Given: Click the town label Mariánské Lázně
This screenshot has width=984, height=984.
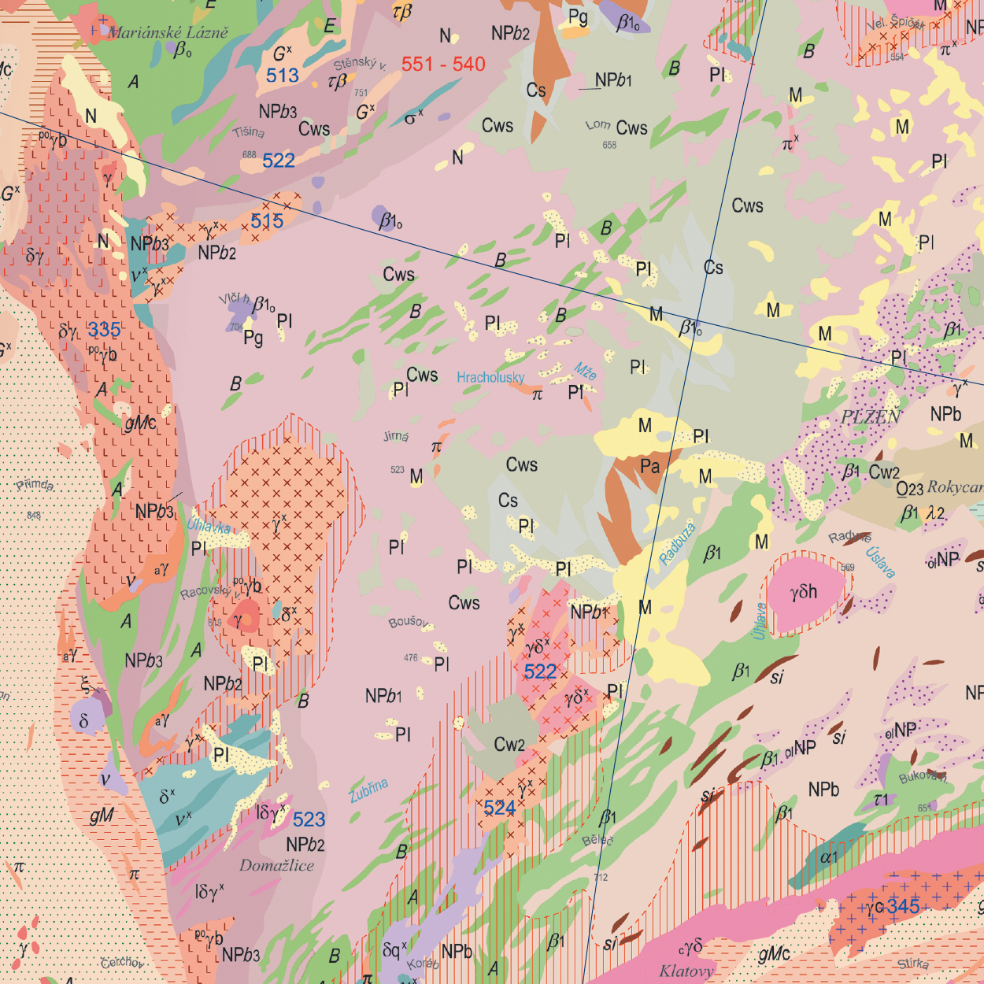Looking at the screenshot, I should (x=168, y=32).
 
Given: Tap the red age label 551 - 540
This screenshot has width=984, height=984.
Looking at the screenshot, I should (x=443, y=65).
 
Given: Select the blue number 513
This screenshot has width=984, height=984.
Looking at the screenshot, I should (x=283, y=76).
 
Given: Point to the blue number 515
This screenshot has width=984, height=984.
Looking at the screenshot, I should (x=267, y=221).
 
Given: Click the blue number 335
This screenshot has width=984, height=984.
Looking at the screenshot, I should (x=104, y=330).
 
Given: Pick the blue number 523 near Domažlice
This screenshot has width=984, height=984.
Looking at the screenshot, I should (x=309, y=819).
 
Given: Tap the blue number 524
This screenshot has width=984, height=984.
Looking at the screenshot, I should (x=500, y=808).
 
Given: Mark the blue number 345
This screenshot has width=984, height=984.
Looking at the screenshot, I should (x=903, y=907).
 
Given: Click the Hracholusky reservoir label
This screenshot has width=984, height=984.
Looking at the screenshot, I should (x=490, y=378).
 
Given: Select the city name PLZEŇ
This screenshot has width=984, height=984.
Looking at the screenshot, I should (x=871, y=417).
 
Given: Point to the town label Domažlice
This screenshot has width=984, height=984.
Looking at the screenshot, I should (x=276, y=866).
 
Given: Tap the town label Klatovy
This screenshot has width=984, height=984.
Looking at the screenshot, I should (x=686, y=971).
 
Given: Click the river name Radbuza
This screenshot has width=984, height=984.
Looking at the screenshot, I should (x=677, y=543).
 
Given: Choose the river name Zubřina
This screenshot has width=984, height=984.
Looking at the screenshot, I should (x=368, y=790).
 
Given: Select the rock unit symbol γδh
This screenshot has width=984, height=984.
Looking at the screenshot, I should (x=804, y=591).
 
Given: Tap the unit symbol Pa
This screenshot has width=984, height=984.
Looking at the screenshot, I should (x=649, y=466).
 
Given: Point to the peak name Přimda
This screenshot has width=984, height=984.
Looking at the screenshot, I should (x=35, y=485).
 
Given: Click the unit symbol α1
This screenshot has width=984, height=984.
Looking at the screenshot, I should (x=828, y=857).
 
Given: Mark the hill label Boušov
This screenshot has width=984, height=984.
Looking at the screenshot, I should (x=409, y=623).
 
